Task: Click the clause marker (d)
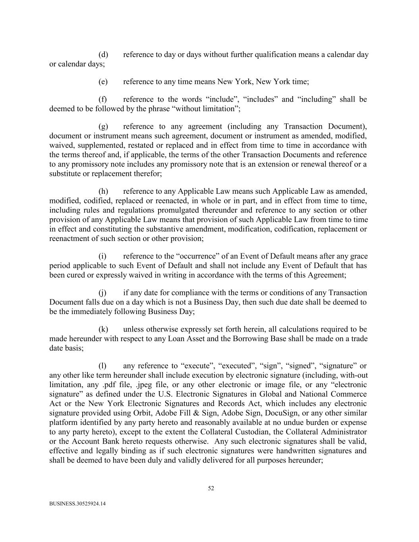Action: pyautogui.click(x=103, y=54)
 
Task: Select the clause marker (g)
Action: pyautogui.click(x=103, y=126)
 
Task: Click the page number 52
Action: pyautogui.click(x=211, y=488)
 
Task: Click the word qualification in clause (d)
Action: pyautogui.click(x=275, y=54)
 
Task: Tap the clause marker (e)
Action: pyautogui.click(x=103, y=82)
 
